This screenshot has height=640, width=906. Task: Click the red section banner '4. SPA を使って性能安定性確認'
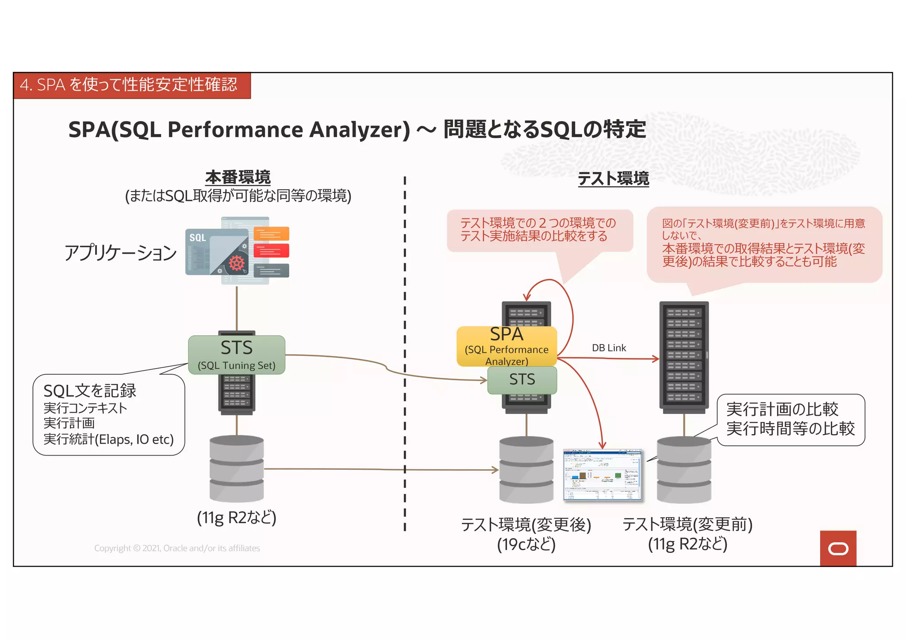pos(132,85)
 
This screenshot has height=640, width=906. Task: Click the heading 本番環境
pos(238,177)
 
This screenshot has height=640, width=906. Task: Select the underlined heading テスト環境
pos(613,179)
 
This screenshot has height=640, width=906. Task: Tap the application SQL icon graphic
pos(237,251)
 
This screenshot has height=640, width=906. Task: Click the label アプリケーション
pos(120,253)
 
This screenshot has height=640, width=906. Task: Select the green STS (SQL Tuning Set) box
pos(237,355)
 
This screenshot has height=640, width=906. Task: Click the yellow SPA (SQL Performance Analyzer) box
pos(507,346)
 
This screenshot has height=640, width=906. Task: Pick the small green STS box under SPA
pos(522,380)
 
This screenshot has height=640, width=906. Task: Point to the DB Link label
pos(609,348)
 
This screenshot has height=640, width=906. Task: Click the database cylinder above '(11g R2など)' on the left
pos(237,469)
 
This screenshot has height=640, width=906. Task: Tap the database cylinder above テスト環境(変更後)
pos(526,470)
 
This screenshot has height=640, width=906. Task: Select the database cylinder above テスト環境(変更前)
pos(684,470)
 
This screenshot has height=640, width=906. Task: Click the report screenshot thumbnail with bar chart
pos(603,475)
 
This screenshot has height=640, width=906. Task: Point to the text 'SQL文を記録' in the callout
pos(90,391)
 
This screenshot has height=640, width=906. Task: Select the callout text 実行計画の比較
pos(782,410)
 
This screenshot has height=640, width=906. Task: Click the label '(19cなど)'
pos(526,544)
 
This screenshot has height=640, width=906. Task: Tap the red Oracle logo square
pos(838,548)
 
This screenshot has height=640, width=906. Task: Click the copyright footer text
pos(177,548)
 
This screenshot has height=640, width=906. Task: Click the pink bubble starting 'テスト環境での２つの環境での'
pos(540,230)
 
